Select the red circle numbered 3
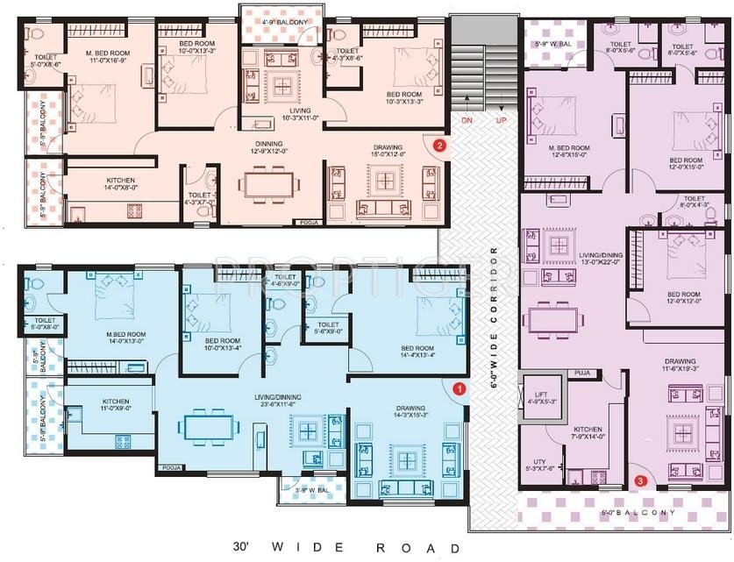(x=641, y=480)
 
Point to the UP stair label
(x=502, y=118)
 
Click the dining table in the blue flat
(x=209, y=427)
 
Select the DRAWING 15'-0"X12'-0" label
(x=386, y=152)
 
